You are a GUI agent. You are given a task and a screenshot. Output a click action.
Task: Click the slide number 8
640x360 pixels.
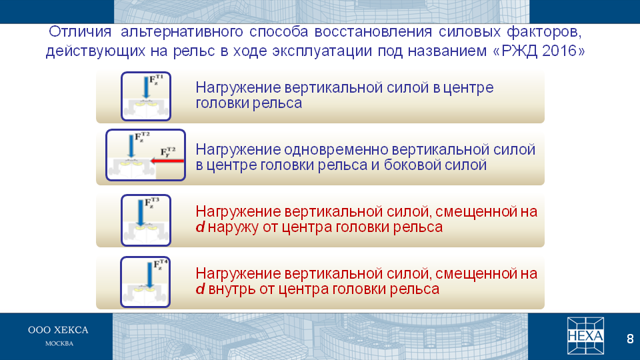tap(630, 339)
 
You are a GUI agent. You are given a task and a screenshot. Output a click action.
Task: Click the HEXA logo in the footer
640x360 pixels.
tap(585, 336)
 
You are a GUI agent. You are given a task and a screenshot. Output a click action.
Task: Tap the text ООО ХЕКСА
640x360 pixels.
tap(58, 330)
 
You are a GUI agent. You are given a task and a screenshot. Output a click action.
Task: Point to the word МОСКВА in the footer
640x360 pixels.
tap(59, 344)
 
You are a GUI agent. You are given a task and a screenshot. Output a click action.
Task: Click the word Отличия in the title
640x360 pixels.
tap(80, 31)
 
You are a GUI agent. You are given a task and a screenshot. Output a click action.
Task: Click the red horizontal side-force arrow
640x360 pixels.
tap(167, 161)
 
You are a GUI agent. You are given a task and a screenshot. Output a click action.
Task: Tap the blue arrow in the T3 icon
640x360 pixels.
tap(141, 212)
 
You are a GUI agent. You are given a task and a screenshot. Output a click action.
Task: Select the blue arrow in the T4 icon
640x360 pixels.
tap(150, 275)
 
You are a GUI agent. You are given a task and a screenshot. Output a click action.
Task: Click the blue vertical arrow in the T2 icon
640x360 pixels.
tap(131, 146)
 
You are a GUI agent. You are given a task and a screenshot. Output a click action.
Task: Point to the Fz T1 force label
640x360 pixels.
tap(156, 79)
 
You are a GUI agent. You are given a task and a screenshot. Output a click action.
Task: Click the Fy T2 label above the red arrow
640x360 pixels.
tap(168, 152)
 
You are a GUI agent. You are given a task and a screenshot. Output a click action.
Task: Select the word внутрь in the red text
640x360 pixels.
tap(232, 289)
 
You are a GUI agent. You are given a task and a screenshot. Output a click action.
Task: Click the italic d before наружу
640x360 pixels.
tap(200, 227)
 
